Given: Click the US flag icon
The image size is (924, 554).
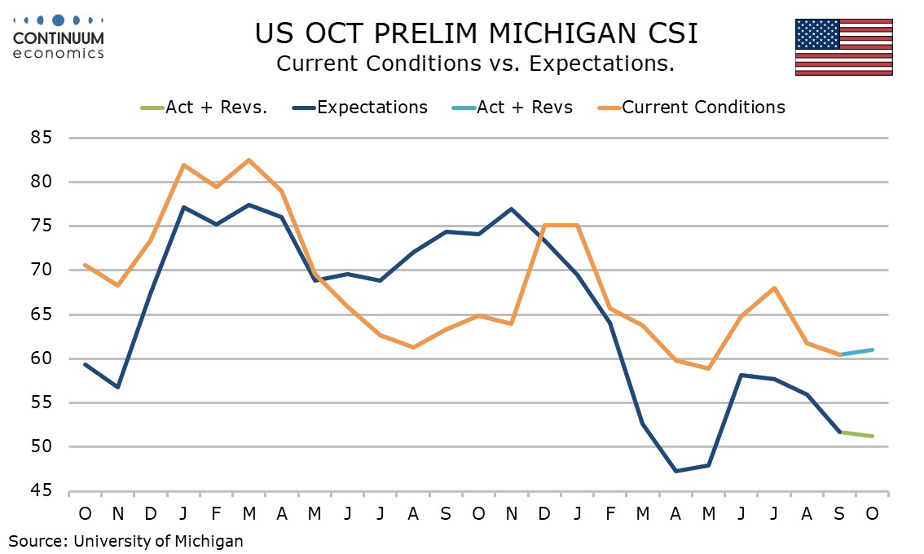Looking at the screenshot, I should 843,47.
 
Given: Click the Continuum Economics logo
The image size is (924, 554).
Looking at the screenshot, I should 59,37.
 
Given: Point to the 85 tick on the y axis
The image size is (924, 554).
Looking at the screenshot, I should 41,138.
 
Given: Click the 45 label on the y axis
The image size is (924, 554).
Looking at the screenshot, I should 41,491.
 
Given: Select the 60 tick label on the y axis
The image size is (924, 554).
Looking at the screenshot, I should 41,358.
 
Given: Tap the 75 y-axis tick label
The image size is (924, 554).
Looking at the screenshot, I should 41,226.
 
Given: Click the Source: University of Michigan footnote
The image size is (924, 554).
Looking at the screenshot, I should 126,540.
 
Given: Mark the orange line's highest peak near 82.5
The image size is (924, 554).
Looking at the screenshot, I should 249,160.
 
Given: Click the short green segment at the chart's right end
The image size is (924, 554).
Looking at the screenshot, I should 855,434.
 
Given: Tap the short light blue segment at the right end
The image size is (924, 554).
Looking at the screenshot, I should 855,352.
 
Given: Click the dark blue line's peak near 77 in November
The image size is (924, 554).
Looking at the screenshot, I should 511,209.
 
